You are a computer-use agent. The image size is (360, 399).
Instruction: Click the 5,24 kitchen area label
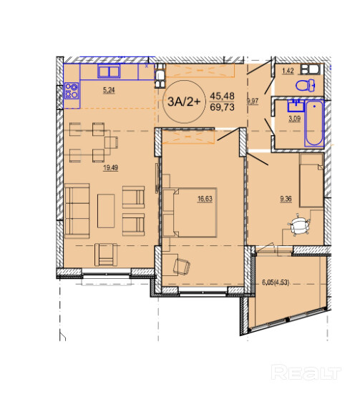109,90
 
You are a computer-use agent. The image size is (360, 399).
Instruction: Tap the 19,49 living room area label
110,167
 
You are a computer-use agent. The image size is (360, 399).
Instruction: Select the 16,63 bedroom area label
205,199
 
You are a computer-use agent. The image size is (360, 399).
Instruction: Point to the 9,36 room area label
286,199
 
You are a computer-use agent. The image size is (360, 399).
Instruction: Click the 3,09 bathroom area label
294,119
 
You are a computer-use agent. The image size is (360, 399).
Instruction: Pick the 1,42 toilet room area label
288,71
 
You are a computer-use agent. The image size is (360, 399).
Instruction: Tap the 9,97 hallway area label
253,101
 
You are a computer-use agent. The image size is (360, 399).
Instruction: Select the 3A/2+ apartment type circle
184,102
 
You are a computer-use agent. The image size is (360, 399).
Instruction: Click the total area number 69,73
222,107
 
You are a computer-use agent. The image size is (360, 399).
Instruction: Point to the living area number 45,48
222,96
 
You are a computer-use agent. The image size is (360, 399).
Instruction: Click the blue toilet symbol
305,85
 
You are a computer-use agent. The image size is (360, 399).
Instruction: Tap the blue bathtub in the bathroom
314,124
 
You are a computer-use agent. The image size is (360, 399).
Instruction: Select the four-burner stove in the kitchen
72,91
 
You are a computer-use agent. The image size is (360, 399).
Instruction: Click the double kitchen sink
109,71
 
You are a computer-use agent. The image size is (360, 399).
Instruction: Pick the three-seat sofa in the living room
77,211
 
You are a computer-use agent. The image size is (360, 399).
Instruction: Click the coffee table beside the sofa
106,211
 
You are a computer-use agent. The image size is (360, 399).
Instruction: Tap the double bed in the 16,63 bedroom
190,212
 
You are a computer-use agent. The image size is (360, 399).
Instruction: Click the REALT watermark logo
306,373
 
